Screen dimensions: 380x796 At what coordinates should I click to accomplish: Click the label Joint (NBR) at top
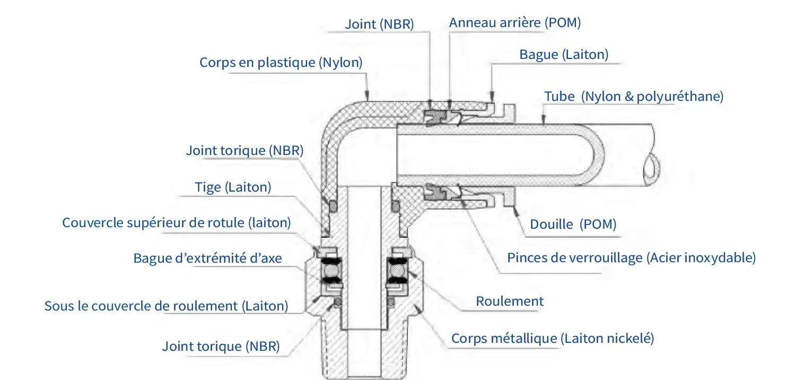point(379,24)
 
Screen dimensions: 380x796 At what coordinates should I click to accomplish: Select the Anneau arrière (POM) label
point(515,23)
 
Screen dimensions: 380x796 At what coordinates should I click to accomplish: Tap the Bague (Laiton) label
point(564,54)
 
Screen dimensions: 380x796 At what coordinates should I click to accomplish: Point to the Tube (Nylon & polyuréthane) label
point(634,97)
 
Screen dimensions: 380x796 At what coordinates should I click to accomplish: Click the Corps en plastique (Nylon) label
point(281,63)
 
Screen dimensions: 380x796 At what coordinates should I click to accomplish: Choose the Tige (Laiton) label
point(233,187)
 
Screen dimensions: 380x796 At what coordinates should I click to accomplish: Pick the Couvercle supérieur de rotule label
point(177,222)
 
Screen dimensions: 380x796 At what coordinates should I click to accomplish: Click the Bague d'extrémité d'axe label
point(207,258)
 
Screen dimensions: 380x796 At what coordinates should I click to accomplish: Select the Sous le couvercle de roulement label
point(167,306)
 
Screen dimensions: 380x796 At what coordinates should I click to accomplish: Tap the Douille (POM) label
point(573,224)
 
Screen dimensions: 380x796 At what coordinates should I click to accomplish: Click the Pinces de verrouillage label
point(631,258)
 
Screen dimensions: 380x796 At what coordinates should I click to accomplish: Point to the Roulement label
point(510,301)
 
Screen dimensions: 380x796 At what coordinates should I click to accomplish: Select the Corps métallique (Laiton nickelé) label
point(553,338)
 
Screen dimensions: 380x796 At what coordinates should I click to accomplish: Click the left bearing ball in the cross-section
point(331,272)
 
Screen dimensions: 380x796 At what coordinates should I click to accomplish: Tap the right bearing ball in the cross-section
point(397,272)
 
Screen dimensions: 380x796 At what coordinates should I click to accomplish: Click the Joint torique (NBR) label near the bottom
point(221,347)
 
